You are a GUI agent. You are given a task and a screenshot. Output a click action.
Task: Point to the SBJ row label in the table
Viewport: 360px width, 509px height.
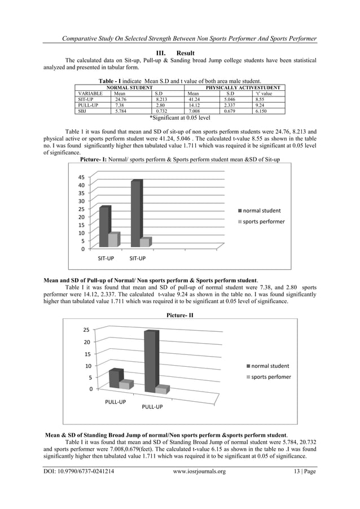point(82,111)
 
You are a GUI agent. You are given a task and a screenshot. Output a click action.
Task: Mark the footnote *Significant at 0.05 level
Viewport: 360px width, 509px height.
point(179,118)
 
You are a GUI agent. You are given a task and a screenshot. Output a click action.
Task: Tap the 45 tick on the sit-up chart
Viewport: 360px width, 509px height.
point(82,177)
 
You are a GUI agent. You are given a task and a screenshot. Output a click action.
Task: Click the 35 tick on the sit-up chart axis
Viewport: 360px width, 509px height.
point(82,193)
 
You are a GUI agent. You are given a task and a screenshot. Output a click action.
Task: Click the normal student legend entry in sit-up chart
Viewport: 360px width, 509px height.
point(262,210)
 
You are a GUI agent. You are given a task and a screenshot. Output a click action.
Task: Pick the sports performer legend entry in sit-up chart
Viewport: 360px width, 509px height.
point(264,221)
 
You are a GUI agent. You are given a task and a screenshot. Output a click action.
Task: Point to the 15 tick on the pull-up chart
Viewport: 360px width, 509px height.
point(86,354)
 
